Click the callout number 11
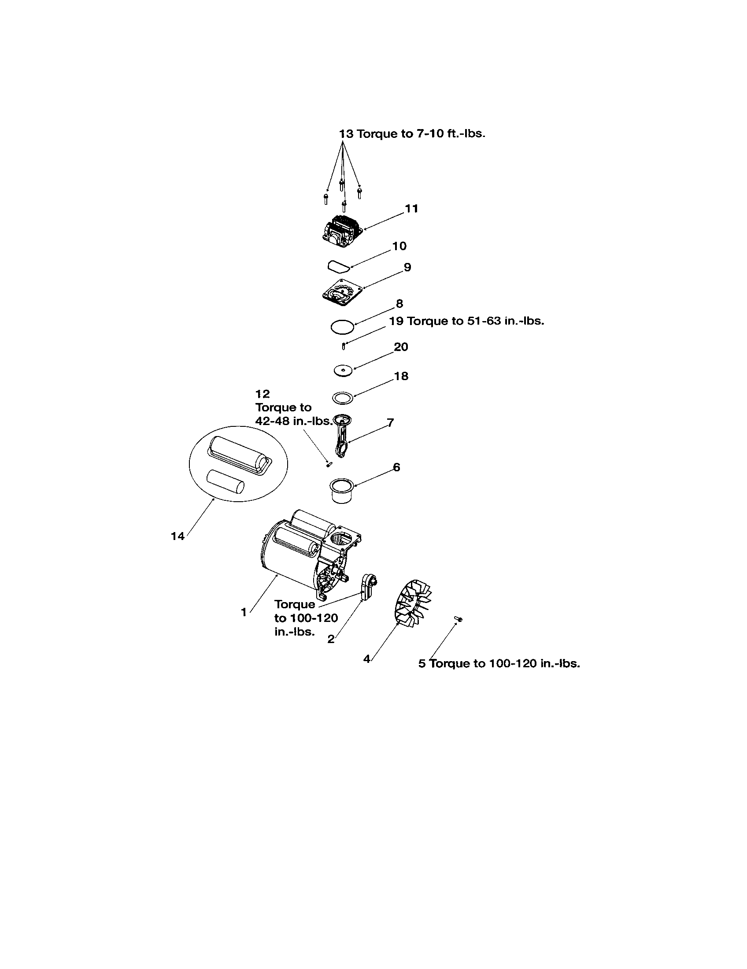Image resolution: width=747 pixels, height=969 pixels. pos(412,208)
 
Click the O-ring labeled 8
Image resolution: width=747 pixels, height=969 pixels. pos(343,327)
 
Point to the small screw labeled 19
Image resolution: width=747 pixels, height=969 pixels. pos(343,345)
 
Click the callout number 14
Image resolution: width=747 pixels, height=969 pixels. pos(178,536)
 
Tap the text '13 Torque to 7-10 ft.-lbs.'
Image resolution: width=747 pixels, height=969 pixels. pos(412,133)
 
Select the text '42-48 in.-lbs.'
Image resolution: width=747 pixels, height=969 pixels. pos(293,421)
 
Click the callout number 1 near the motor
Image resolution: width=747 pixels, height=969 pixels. pos(244,612)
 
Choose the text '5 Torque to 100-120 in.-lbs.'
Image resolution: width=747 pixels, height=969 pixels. pos(499,664)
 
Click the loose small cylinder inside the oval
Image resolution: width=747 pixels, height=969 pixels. pos(226,482)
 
